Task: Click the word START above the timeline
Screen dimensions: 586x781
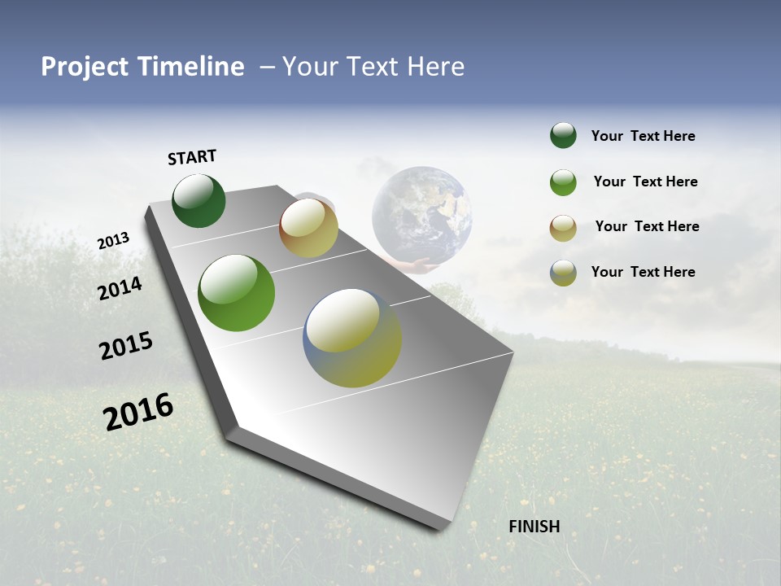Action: (x=192, y=157)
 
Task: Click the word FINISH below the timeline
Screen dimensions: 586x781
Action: (x=534, y=527)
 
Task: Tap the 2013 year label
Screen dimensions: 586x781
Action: (x=113, y=241)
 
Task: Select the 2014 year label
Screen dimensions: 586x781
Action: (x=120, y=288)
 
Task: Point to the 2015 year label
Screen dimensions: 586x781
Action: (x=126, y=346)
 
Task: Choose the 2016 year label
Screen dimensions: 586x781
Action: (x=138, y=412)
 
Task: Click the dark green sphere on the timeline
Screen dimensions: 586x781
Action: (x=199, y=200)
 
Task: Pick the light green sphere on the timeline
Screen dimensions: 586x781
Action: (x=236, y=293)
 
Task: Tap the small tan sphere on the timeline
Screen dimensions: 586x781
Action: (x=308, y=228)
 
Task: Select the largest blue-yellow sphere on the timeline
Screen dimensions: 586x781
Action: (x=352, y=338)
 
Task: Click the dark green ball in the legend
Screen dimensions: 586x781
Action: (x=563, y=136)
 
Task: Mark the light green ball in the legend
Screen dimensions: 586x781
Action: (x=563, y=182)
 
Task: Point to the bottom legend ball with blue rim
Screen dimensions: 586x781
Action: (x=563, y=273)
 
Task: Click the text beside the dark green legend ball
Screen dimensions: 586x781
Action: (x=643, y=137)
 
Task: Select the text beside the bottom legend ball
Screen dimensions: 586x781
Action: (x=643, y=272)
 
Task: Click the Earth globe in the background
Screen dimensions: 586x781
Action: (x=422, y=214)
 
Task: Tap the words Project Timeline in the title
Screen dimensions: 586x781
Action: (x=142, y=67)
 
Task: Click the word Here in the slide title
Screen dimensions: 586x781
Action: (x=434, y=67)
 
